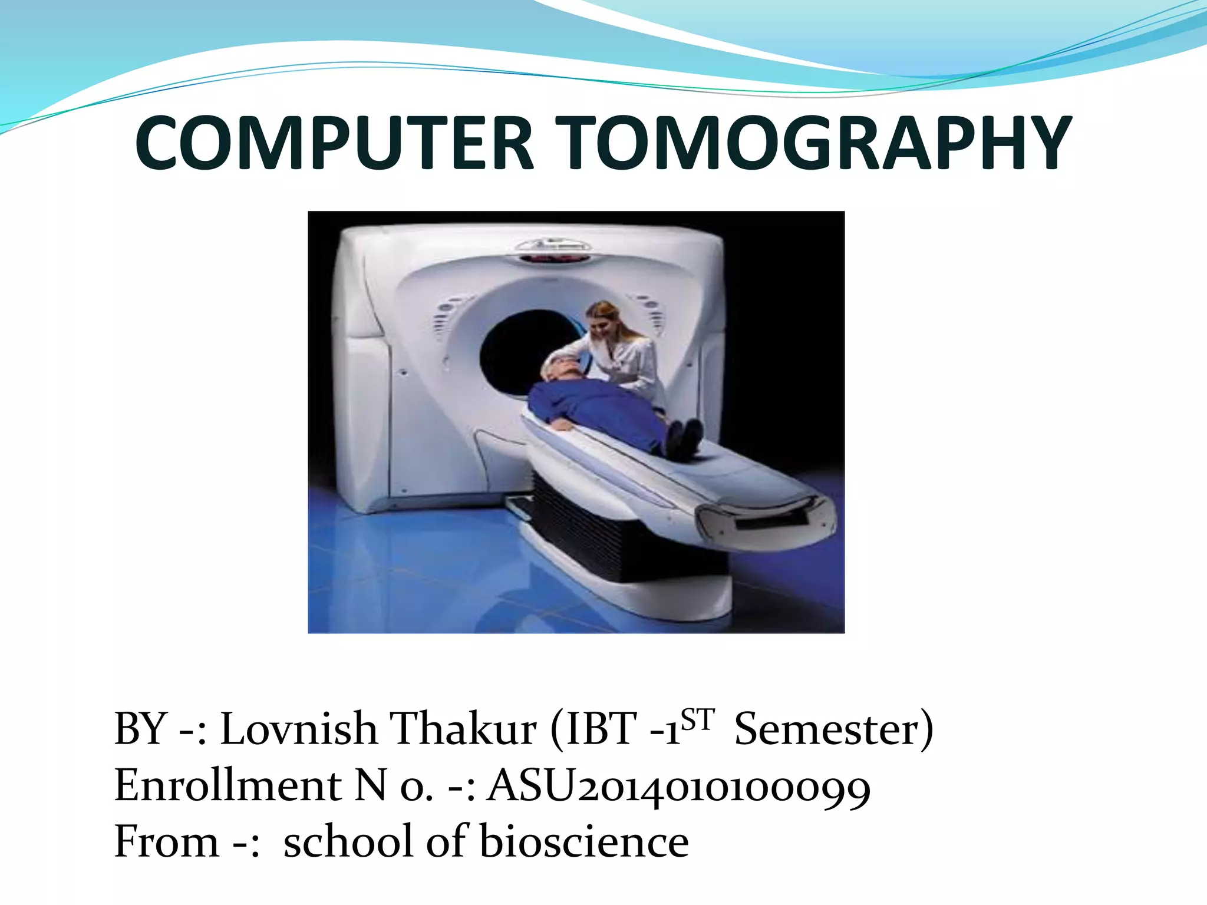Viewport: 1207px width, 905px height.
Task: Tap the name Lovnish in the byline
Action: point(298,729)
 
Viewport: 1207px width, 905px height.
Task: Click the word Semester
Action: point(828,729)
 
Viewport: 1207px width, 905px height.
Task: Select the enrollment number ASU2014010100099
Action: point(678,787)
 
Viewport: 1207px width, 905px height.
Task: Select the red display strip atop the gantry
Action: point(554,258)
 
